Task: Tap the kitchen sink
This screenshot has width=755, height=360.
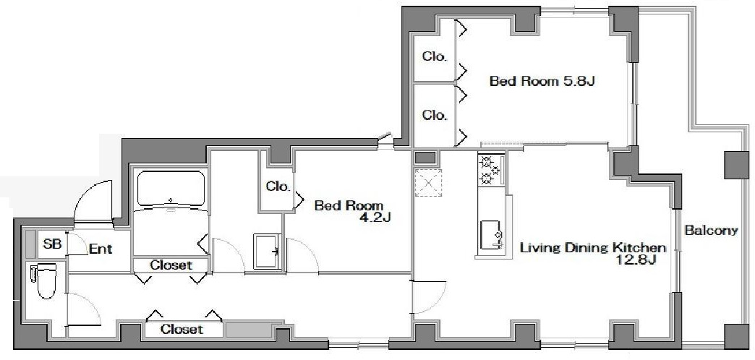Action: [491, 235]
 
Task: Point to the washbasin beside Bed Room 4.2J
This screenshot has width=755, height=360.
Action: [268, 250]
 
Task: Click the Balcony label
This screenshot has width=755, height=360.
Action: [711, 231]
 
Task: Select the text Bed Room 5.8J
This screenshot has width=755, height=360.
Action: [542, 81]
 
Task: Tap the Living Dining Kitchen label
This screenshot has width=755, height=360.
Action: [592, 249]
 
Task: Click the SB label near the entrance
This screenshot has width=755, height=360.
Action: [52, 244]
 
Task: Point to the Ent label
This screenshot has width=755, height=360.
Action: [100, 249]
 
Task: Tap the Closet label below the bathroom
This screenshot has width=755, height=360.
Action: [171, 265]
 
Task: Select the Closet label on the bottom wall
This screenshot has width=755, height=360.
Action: [182, 329]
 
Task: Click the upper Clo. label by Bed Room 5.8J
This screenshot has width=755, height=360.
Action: [435, 56]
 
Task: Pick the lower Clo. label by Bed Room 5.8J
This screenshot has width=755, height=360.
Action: [435, 115]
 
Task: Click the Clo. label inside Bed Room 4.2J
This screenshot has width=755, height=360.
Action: [278, 187]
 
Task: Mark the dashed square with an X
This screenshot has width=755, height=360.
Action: [427, 183]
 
